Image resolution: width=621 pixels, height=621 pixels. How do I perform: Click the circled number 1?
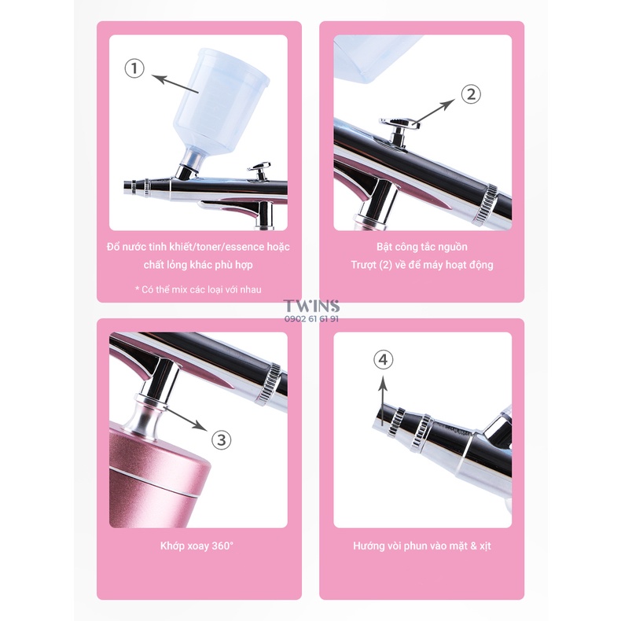pos(135,69)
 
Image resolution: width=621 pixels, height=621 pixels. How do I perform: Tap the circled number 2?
pos(470,94)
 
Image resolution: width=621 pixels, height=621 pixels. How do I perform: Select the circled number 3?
pos(222,440)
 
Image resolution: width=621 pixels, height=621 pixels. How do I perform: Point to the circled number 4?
pos(383,360)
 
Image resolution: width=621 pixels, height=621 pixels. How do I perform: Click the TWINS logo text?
pos(311,306)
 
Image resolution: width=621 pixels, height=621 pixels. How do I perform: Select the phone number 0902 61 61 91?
pos(311,320)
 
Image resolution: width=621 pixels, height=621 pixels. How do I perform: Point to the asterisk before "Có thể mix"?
pos(137,289)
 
